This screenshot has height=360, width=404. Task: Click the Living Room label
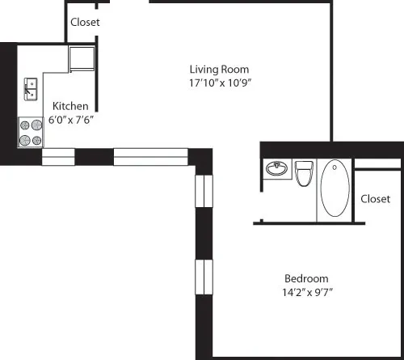(x=219, y=69)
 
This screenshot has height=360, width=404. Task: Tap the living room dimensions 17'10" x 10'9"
(x=219, y=83)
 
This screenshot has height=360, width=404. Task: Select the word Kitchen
(x=70, y=106)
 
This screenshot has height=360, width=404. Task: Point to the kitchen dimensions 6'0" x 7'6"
(x=72, y=120)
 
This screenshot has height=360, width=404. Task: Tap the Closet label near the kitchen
(x=85, y=23)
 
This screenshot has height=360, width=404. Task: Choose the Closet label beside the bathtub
(x=376, y=198)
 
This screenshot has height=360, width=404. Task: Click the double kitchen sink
(x=30, y=89)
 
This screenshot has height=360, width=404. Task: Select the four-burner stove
(x=31, y=133)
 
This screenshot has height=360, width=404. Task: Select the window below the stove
(x=57, y=156)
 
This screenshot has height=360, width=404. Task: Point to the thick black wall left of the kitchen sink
(x=8, y=97)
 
